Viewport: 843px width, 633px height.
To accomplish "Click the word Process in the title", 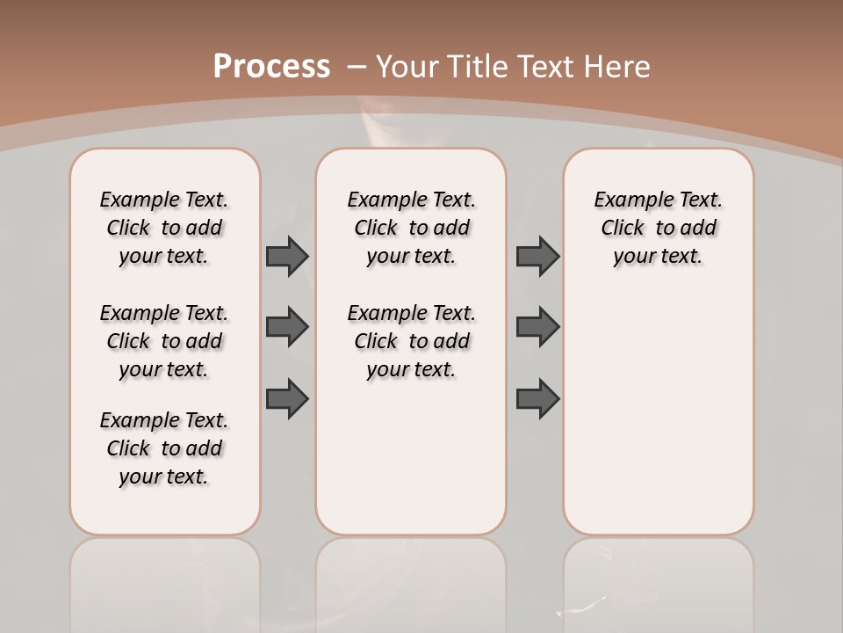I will click(271, 67).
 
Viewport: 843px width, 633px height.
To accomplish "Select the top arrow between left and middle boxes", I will click(287, 256).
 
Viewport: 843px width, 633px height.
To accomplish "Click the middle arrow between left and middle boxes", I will click(287, 327).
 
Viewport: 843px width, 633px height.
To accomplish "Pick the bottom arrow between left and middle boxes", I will click(287, 399).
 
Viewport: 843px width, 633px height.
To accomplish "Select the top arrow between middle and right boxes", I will click(537, 256).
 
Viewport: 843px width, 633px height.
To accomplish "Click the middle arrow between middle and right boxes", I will click(537, 327).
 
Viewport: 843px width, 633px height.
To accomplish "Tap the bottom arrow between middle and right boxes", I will click(537, 399).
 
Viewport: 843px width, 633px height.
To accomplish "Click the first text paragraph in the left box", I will click(164, 228).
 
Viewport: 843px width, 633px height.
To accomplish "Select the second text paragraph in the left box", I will click(164, 341).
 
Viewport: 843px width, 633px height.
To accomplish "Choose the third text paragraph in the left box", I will click(164, 448).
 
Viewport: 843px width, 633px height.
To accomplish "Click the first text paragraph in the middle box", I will click(411, 228).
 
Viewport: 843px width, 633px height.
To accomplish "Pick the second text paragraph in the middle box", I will click(411, 341).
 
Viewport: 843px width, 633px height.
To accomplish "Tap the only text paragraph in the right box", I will click(658, 228).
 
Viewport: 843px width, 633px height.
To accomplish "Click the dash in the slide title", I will click(357, 67).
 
